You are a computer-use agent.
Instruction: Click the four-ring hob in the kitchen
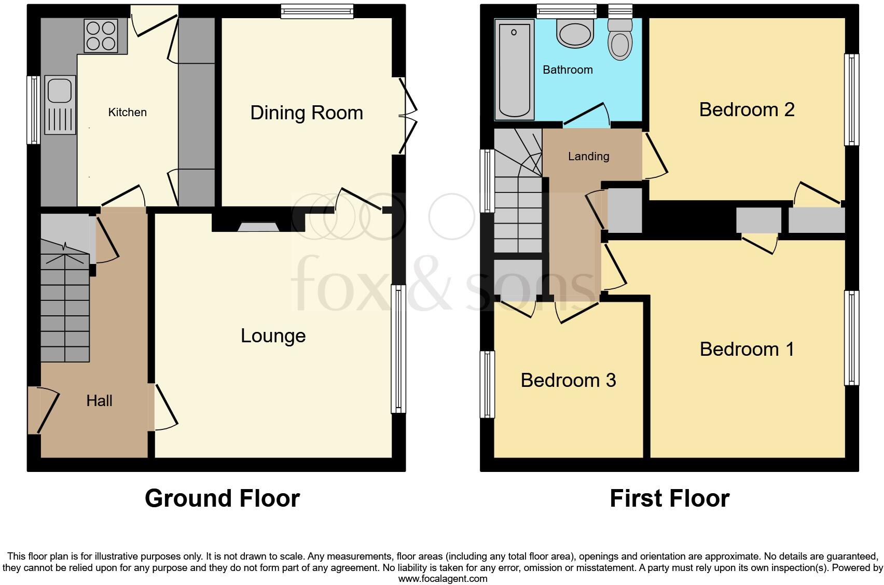pyautogui.click(x=101, y=36)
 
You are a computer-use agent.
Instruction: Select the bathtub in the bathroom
pyautogui.click(x=514, y=69)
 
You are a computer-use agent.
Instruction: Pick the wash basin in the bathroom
pyautogui.click(x=574, y=34)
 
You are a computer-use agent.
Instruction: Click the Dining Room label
pyautogui.click(x=307, y=113)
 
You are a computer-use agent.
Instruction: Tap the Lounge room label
pyautogui.click(x=273, y=336)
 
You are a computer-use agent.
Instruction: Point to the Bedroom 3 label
pyautogui.click(x=568, y=380)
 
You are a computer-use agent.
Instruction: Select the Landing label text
pyautogui.click(x=588, y=156)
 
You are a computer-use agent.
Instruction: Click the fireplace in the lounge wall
pyautogui.click(x=258, y=227)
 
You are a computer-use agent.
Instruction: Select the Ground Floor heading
pyautogui.click(x=222, y=498)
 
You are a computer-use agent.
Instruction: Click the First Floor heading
pyautogui.click(x=669, y=498)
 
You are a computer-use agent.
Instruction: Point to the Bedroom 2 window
pyautogui.click(x=851, y=100)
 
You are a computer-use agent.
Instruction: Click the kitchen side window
pyautogui.click(x=34, y=109)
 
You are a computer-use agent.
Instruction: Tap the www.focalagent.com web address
pyautogui.click(x=443, y=579)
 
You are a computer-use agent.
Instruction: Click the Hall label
pyautogui.click(x=99, y=400)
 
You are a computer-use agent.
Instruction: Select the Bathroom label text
pyautogui.click(x=568, y=69)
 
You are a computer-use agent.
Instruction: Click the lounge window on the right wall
pyautogui.click(x=398, y=349)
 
